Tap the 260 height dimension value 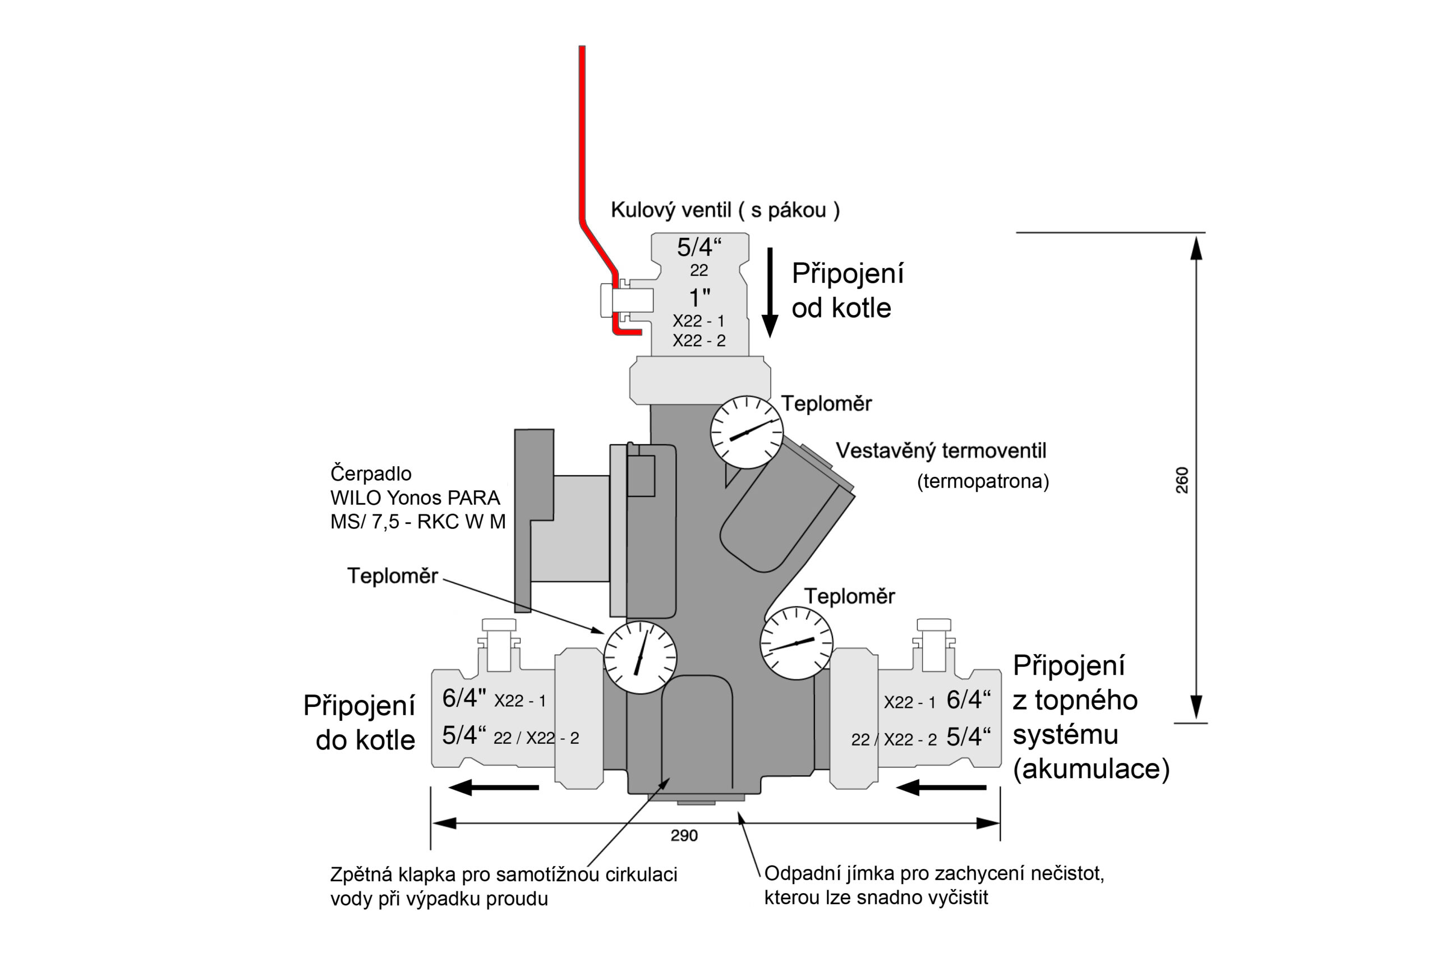(x=1182, y=480)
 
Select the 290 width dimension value (x=684, y=835)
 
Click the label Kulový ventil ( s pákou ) (x=725, y=210)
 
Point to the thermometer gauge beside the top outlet (x=747, y=432)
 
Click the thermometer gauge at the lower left (x=639, y=657)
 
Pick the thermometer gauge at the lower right (x=796, y=643)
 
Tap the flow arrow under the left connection (x=494, y=788)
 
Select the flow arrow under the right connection (x=941, y=788)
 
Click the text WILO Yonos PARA (x=415, y=498)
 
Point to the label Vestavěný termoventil (x=941, y=451)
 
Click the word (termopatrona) (x=983, y=481)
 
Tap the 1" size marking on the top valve (x=699, y=298)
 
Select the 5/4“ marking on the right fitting (x=969, y=737)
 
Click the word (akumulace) (x=1091, y=769)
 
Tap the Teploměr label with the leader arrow (x=393, y=576)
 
